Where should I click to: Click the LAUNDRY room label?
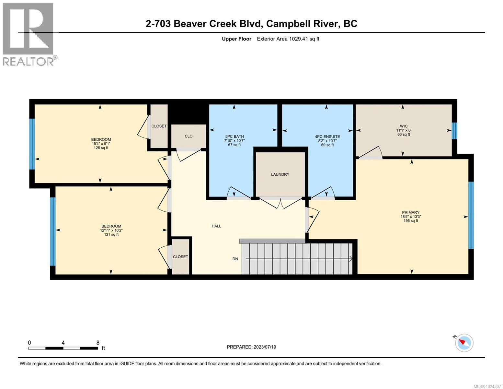280,174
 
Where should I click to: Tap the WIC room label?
403,126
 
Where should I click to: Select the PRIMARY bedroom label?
411,213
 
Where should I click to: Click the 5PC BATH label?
234,136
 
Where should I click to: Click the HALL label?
216,226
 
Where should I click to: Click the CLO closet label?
189,136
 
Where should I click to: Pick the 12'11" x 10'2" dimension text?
111,230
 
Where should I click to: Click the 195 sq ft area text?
411,221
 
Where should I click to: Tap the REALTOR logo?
29,34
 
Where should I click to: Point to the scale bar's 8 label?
98,343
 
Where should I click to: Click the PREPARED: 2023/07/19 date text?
251,347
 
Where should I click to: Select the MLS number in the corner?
487,386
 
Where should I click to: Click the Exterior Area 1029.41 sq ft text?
288,39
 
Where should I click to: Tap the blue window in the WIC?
454,131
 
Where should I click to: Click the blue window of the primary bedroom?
471,215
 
